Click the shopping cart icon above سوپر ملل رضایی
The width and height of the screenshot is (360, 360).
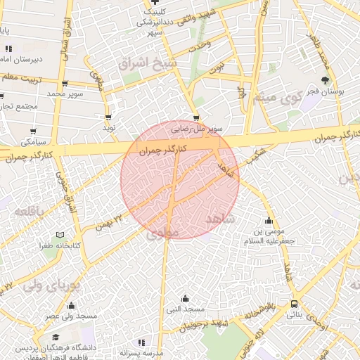(x=195, y=118)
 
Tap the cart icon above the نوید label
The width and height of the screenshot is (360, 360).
(x=108, y=117)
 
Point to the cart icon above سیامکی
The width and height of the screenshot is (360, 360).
(x=34, y=131)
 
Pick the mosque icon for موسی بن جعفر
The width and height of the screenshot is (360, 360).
(x=267, y=220)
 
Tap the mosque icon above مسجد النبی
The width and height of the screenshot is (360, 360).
(x=185, y=298)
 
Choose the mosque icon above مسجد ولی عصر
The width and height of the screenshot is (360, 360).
(x=71, y=306)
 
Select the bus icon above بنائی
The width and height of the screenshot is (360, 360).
(x=294, y=304)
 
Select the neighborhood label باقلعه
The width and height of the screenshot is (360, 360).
(x=30, y=210)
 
